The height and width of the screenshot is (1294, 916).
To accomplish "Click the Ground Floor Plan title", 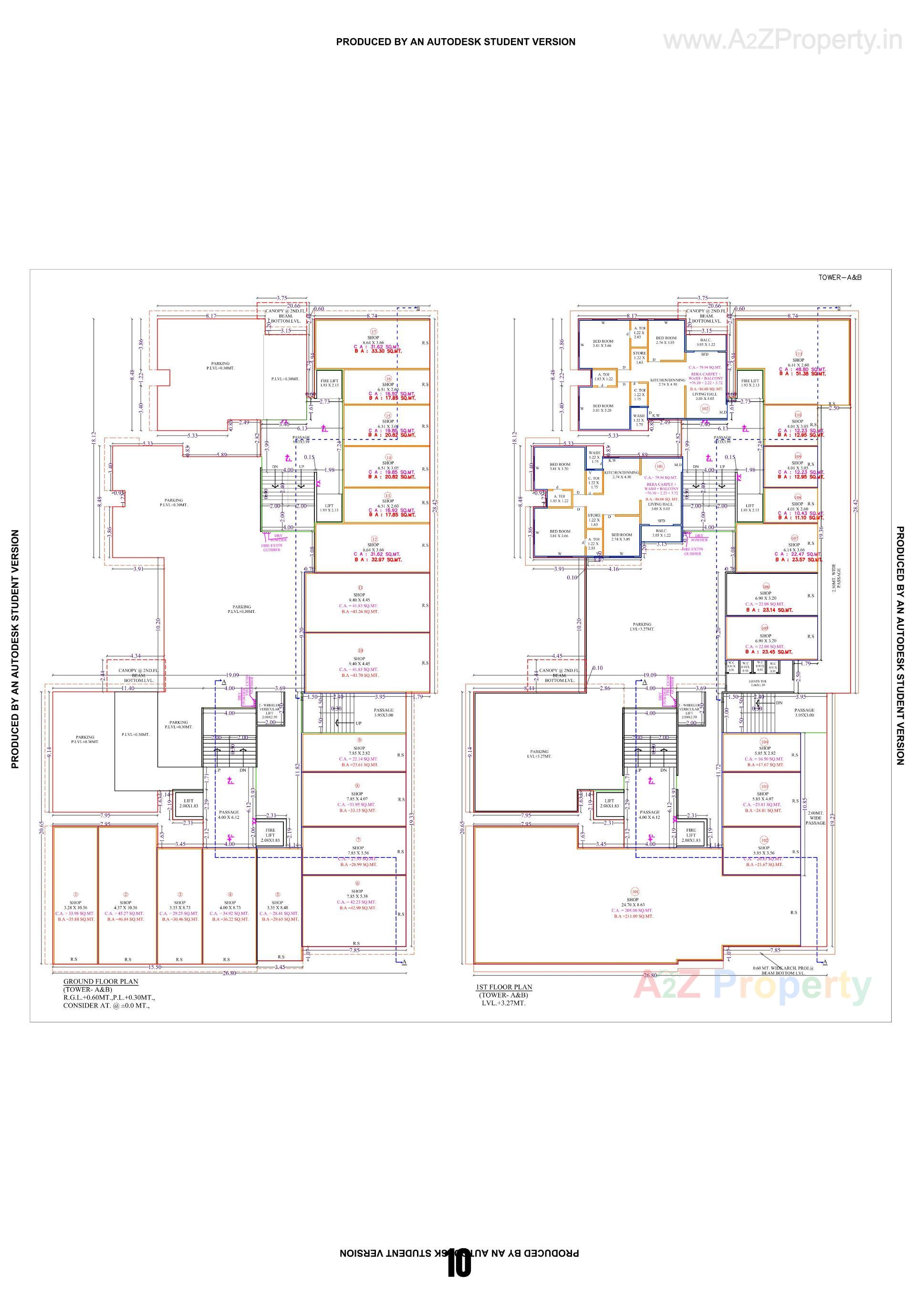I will coord(100,981).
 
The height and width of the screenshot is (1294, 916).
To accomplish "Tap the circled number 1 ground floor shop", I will coord(75,895).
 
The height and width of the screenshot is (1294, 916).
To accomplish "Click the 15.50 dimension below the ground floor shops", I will coord(154,967).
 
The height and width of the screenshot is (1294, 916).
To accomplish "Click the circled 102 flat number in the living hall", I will coord(705,408).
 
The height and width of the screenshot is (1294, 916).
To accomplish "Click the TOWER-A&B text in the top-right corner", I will coord(839,277).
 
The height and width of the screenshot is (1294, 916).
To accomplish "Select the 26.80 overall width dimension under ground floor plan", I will coord(229,973).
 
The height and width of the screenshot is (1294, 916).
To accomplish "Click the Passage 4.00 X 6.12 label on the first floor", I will coord(649,815).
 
